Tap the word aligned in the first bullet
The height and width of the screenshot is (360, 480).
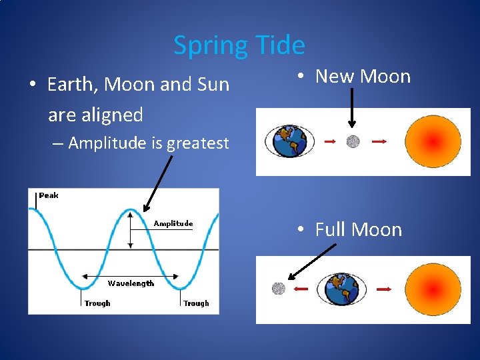[x=95, y=115]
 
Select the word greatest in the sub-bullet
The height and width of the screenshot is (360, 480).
[x=197, y=143]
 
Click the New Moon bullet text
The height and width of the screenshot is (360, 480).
[x=363, y=76]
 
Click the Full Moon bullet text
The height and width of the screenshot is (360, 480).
[x=358, y=229]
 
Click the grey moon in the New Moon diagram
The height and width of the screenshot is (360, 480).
[x=353, y=141]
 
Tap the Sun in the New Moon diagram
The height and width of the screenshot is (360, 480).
[x=433, y=141]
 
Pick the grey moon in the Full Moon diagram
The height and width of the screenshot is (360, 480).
[x=279, y=289]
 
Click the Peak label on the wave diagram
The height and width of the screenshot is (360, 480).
[x=49, y=195]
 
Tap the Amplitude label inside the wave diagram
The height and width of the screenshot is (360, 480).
[x=173, y=223]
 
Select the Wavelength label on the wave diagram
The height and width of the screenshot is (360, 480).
[x=131, y=283]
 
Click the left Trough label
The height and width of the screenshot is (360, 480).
[x=97, y=303]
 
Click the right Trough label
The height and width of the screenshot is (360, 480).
[x=196, y=303]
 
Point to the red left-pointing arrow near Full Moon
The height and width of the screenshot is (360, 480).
[x=301, y=289]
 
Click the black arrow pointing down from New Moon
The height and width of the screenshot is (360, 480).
[x=352, y=107]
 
